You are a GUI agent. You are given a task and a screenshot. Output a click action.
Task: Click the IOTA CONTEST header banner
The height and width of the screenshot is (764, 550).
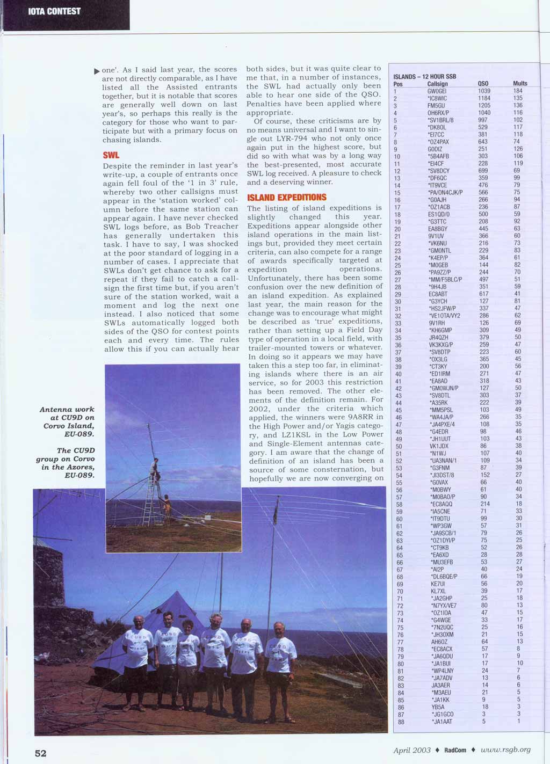coord(54,11)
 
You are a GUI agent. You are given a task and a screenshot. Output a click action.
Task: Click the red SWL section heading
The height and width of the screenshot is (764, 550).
coord(111,155)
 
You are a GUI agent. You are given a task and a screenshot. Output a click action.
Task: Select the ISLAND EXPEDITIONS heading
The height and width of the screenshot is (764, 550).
coord(286,198)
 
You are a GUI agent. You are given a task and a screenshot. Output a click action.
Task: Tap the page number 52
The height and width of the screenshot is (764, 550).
coord(41,753)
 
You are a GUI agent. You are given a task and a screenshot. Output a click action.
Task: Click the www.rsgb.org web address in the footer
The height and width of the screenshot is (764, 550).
coord(505,750)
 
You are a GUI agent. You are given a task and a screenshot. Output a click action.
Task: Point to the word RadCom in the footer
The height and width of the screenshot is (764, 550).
coord(455,750)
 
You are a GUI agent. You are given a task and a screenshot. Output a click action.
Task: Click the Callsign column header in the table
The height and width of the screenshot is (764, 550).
coord(437,84)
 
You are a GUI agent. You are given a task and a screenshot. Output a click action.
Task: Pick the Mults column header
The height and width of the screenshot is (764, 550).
coord(520,84)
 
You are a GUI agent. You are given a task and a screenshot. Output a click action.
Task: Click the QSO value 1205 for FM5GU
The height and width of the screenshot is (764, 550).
coord(484,106)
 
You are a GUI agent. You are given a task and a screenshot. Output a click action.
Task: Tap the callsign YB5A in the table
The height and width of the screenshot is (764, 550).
coord(438,707)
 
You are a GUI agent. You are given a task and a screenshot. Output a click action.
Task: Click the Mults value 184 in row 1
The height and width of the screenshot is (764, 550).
coord(518,91)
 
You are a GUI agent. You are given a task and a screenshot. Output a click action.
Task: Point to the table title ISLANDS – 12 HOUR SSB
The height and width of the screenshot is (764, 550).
coord(424,76)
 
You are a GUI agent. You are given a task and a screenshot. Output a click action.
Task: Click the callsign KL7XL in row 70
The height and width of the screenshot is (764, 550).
coord(438,591)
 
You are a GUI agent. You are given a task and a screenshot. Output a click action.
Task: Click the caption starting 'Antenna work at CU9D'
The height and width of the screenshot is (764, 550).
coord(67,421)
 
